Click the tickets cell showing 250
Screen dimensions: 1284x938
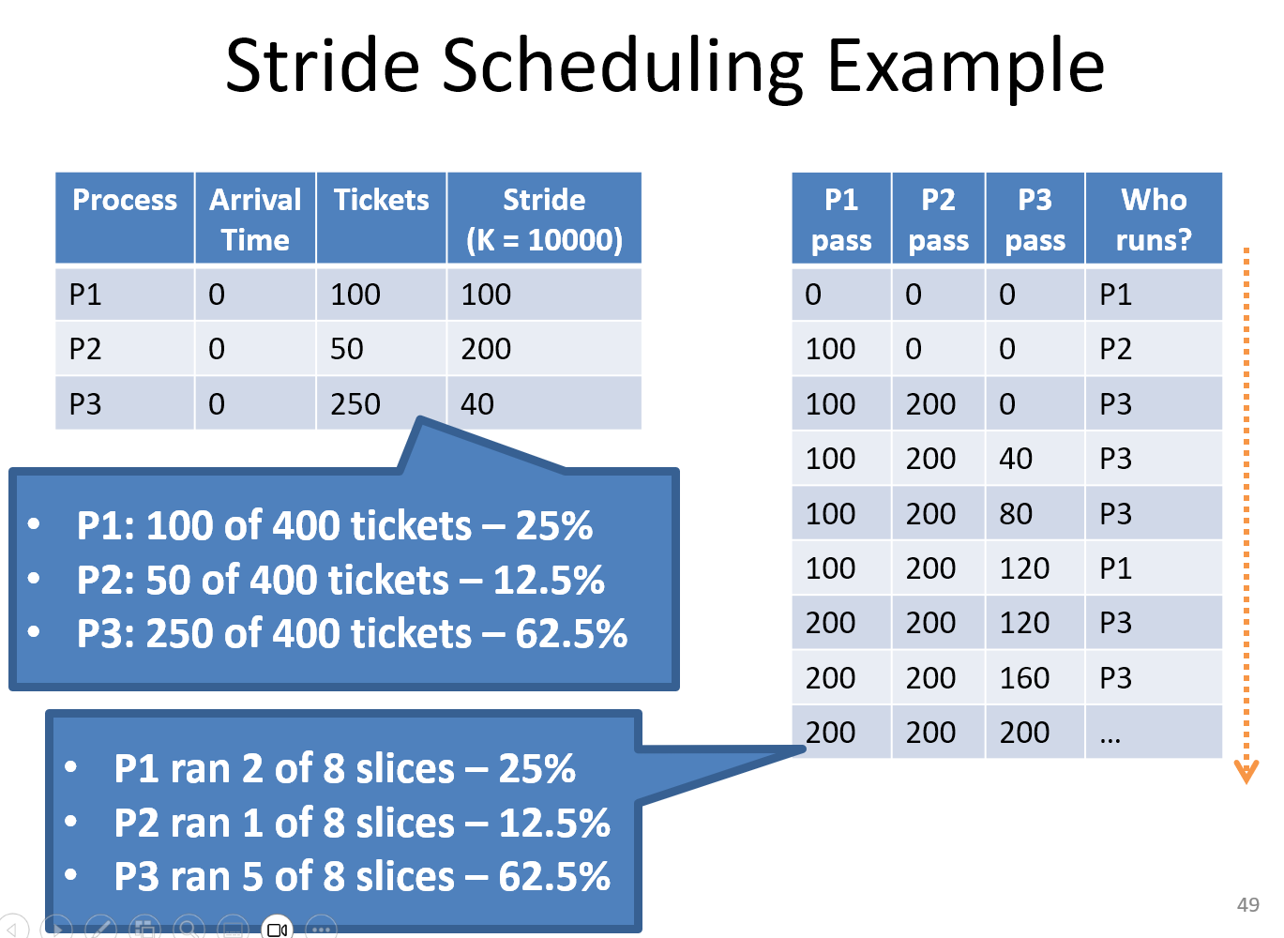pyautogui.click(x=355, y=403)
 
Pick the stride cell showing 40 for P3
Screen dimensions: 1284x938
pyautogui.click(x=476, y=403)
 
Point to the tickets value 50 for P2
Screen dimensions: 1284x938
pyautogui.click(x=346, y=349)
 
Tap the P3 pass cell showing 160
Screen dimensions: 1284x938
pyautogui.click(x=1024, y=677)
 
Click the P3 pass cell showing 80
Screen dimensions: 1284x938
pyautogui.click(x=1016, y=513)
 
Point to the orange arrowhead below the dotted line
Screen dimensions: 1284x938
pyautogui.click(x=1246, y=772)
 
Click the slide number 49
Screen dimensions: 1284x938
pyautogui.click(x=1247, y=905)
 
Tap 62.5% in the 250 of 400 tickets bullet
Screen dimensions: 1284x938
pyautogui.click(x=571, y=633)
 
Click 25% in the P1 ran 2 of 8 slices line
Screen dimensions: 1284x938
pyautogui.click(x=536, y=768)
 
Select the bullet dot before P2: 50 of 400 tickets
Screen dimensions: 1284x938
pyautogui.click(x=34, y=579)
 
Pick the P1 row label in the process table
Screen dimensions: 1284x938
pyautogui.click(x=84, y=295)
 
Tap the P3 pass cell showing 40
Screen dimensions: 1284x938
pyautogui.click(x=1016, y=459)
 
